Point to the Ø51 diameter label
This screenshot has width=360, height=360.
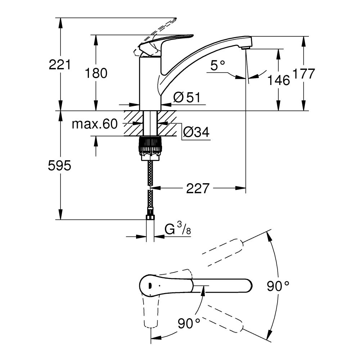point(186,97)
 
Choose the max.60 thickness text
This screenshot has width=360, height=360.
point(95,124)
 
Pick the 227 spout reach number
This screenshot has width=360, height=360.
point(198,188)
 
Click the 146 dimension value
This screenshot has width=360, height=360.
point(278,80)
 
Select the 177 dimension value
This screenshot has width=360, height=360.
point(304,74)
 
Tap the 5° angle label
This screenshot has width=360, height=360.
point(217,66)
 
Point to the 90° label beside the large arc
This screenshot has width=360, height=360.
point(278,287)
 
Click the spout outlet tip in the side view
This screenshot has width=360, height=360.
point(245,47)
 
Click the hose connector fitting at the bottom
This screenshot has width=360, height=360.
point(150,217)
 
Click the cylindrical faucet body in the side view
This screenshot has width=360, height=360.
point(150,83)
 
